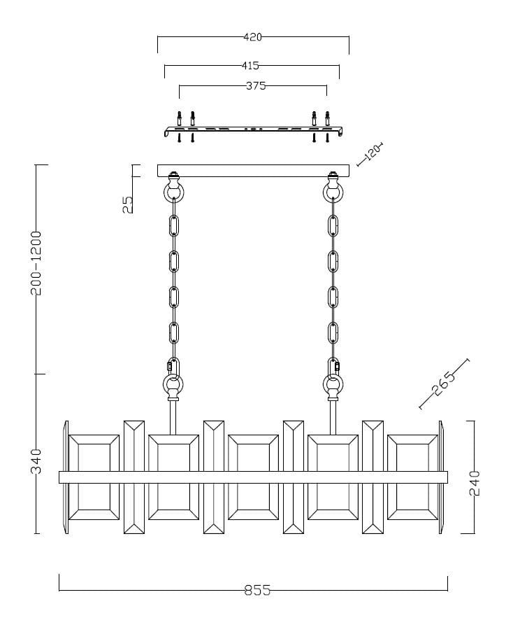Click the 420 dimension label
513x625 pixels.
(252, 37)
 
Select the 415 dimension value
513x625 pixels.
(250, 65)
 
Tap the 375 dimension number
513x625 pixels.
(256, 85)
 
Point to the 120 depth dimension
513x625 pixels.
(373, 152)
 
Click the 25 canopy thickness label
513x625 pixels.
(128, 204)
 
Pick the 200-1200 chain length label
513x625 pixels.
(36, 262)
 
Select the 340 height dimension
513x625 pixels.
(36, 461)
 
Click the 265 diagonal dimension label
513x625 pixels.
(443, 384)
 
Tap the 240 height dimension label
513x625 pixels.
(475, 483)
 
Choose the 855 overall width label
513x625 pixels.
(257, 590)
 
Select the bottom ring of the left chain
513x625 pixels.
(173, 384)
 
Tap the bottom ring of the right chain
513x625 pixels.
(333, 384)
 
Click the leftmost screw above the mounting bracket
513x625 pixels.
(179, 118)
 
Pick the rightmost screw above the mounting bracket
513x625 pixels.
(328, 118)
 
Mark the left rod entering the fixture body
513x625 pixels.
(173, 417)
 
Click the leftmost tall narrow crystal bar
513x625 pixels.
(134, 477)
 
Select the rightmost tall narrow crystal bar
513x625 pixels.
(373, 477)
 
